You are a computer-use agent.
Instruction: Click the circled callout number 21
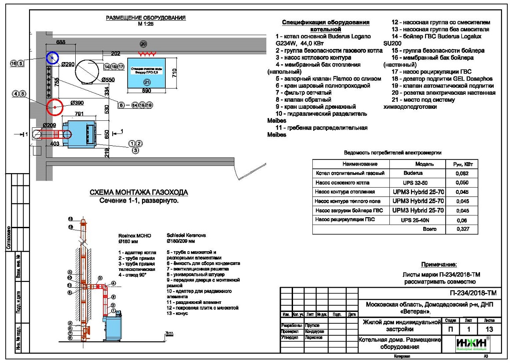pos(147,81)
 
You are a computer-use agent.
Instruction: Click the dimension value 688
pos(61,42)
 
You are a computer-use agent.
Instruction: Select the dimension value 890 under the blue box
pos(147,91)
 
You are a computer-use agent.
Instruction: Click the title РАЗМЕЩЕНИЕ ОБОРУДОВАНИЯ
pos(146,18)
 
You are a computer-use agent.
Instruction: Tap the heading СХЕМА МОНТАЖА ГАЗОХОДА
pos(139,193)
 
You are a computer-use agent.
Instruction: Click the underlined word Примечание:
pos(439,265)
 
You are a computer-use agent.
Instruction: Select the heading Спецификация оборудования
pos(326,22)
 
